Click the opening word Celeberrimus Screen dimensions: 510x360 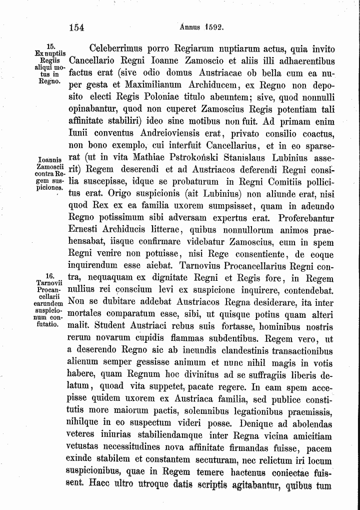click(x=115, y=49)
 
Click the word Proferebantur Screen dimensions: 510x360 click(x=299, y=218)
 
